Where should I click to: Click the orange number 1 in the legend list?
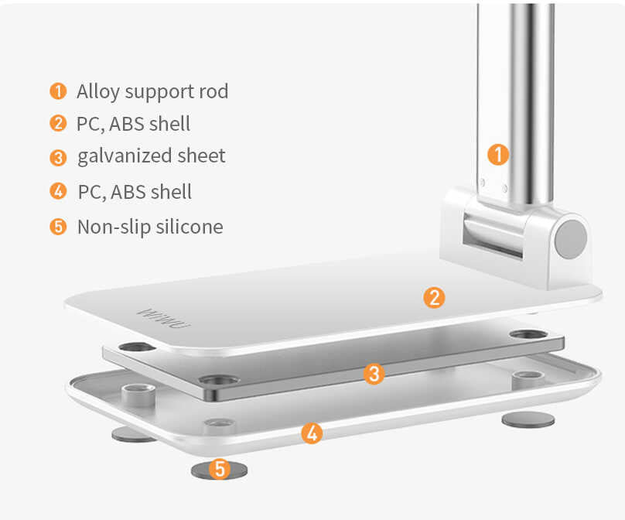58,91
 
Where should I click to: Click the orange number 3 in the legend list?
58,157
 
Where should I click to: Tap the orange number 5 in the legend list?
58,227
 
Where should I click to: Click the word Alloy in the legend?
98,92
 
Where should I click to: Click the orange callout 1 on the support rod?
498,154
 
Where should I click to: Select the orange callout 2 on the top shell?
434,296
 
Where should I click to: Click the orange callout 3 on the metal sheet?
374,375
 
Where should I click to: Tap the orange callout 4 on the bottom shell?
310,433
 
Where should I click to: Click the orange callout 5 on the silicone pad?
220,469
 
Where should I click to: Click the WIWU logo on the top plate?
159,318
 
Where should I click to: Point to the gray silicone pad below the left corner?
134,434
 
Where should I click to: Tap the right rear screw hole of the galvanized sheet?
528,335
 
